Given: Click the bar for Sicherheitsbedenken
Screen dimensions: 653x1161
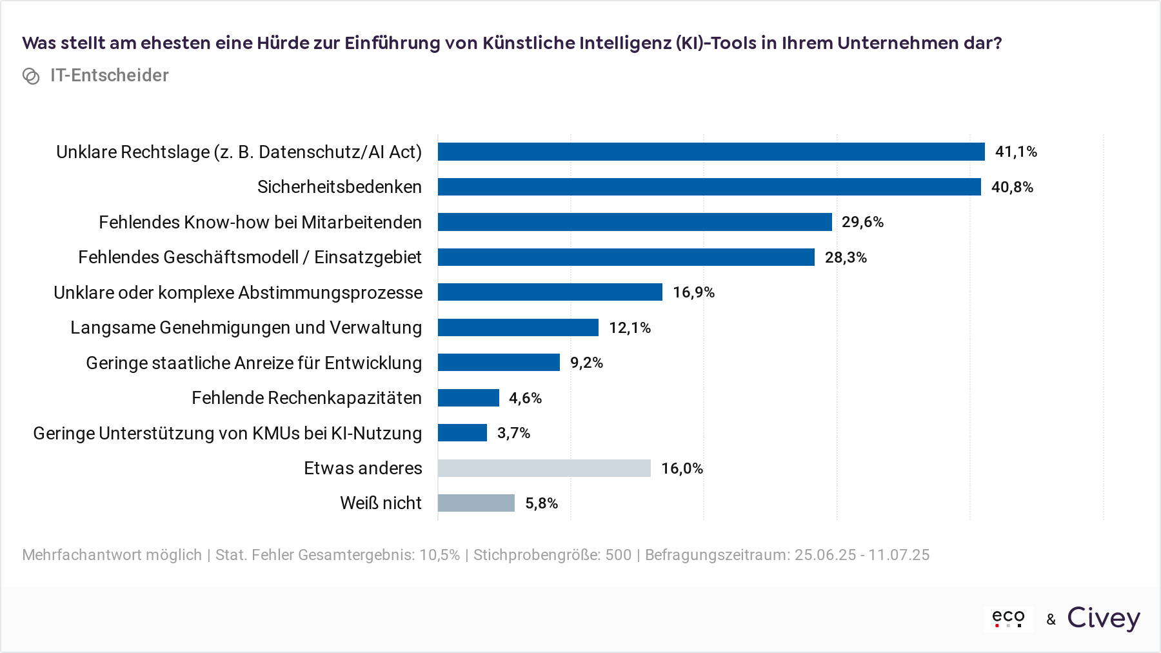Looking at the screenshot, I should pyautogui.click(x=709, y=187).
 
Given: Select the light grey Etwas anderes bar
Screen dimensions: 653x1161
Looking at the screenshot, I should pyautogui.click(x=544, y=468).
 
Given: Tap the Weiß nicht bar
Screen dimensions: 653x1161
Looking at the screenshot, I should pyautogui.click(x=476, y=503).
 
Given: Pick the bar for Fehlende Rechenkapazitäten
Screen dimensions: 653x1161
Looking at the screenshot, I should pyautogui.click(x=468, y=398).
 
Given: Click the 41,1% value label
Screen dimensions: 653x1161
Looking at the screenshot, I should pyautogui.click(x=1015, y=152).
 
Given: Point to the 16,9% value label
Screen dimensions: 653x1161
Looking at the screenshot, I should pyautogui.click(x=693, y=292).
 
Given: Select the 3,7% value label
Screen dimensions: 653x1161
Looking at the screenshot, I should pyautogui.click(x=513, y=433).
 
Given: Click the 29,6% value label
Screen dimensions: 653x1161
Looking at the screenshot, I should pyautogui.click(x=862, y=222).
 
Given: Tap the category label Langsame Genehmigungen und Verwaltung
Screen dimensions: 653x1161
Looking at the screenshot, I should pyautogui.click(x=246, y=328).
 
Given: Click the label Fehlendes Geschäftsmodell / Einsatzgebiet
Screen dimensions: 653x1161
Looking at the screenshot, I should pyautogui.click(x=250, y=257).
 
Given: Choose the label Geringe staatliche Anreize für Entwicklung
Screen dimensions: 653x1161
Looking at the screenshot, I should pyautogui.click(x=253, y=363).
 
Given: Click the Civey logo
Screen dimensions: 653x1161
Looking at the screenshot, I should pyautogui.click(x=1103, y=618).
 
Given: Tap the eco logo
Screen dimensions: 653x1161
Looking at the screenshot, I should pyautogui.click(x=1008, y=618).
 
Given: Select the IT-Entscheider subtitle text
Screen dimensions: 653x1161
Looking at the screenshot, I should pyautogui.click(x=109, y=75).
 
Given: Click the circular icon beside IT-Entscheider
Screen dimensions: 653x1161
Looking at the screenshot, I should pyautogui.click(x=31, y=76).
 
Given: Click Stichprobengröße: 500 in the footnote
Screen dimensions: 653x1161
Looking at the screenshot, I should pyautogui.click(x=552, y=555).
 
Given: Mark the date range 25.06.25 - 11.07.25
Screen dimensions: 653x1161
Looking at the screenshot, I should pyautogui.click(x=862, y=555).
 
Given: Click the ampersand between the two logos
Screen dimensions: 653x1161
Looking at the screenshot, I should pyautogui.click(x=1051, y=619).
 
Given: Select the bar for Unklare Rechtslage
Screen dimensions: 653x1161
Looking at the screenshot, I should pyautogui.click(x=711, y=152).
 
